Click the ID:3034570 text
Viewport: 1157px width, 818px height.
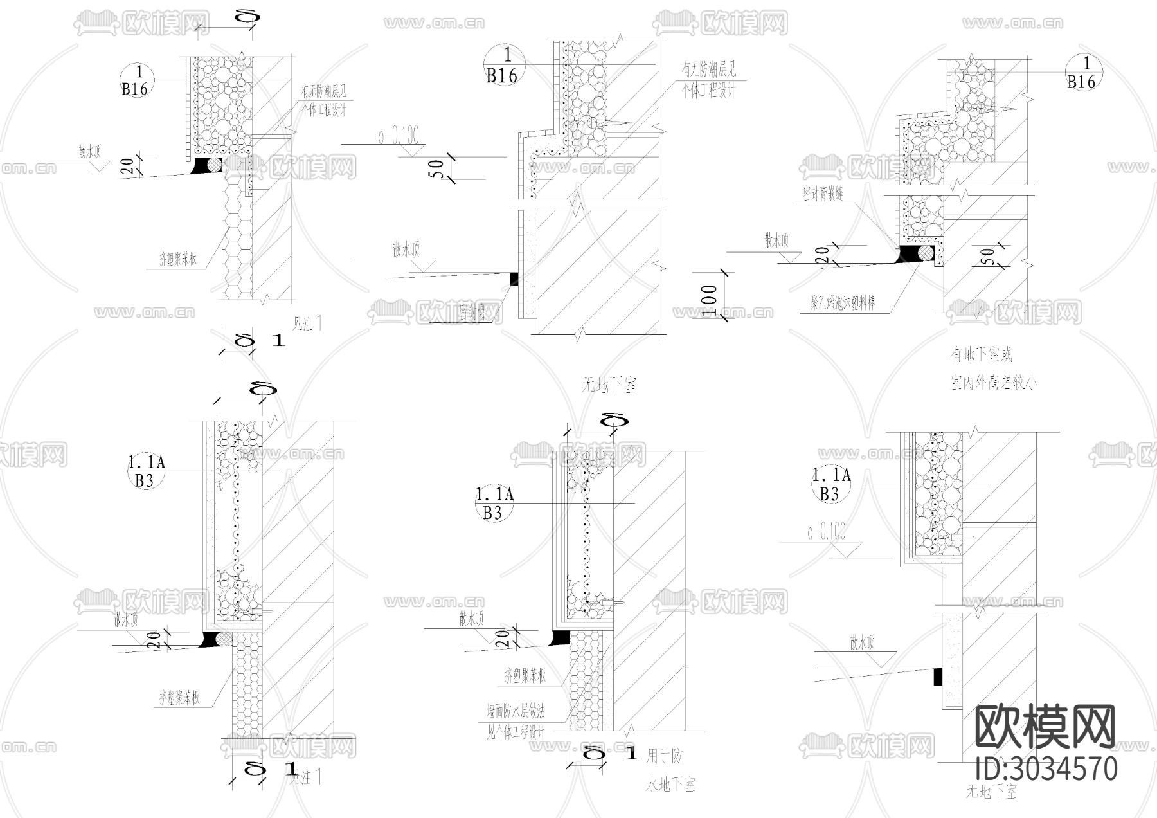pyautogui.click(x=1046, y=769)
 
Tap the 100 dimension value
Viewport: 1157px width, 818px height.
pyautogui.click(x=709, y=300)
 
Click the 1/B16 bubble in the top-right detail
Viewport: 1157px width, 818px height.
pyautogui.click(x=1082, y=73)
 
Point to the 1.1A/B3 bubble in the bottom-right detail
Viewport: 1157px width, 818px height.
pyautogui.click(x=830, y=484)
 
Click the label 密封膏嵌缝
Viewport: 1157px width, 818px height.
pyautogui.click(x=823, y=193)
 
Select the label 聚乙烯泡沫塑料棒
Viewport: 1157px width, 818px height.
pyautogui.click(x=843, y=302)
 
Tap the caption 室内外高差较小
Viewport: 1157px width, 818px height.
pyautogui.click(x=994, y=383)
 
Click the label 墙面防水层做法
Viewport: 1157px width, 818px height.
pyautogui.click(x=516, y=711)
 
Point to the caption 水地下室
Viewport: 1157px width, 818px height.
pyautogui.click(x=670, y=785)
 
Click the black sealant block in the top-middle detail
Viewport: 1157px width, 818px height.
pyautogui.click(x=514, y=278)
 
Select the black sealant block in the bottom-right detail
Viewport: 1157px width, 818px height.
pyautogui.click(x=938, y=677)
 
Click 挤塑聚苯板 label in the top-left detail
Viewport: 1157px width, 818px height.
pyautogui.click(x=178, y=259)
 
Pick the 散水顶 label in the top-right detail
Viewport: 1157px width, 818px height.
pyautogui.click(x=776, y=241)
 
